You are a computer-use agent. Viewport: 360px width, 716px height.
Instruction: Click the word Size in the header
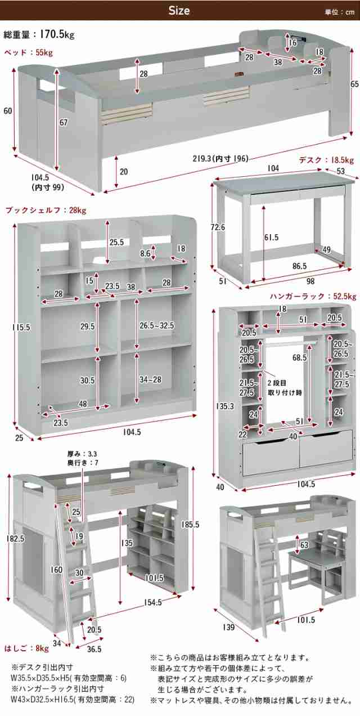coord(179,11)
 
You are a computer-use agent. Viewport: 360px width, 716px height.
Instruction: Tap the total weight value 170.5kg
coord(57,34)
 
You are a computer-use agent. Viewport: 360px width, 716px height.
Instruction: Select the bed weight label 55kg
coord(44,53)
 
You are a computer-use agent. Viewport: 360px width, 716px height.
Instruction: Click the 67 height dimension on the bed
coord(64,122)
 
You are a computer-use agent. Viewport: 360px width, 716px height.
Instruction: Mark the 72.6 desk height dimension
coord(218,227)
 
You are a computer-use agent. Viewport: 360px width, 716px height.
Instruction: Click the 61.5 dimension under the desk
coord(271,237)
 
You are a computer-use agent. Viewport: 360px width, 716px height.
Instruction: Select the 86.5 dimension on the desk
coord(299,266)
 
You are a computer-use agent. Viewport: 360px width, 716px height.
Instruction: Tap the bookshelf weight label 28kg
coord(78,211)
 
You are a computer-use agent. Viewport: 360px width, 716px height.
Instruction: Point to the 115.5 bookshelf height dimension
coord(21,328)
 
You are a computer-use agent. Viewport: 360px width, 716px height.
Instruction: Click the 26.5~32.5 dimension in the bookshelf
coord(156,326)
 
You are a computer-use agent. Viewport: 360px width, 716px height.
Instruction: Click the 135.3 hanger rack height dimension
coord(225,406)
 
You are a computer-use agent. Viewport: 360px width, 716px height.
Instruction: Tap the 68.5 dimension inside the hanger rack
coord(299,357)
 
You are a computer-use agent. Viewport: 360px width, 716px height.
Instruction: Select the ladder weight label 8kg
coord(43,648)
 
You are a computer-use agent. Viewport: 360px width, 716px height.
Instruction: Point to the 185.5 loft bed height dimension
coord(190,525)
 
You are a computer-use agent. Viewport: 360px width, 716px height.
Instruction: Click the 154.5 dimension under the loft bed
coord(152,602)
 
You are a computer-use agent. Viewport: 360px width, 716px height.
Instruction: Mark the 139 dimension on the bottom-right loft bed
coord(229,627)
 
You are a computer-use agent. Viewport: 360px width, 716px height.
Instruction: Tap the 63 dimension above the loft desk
coord(304,545)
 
